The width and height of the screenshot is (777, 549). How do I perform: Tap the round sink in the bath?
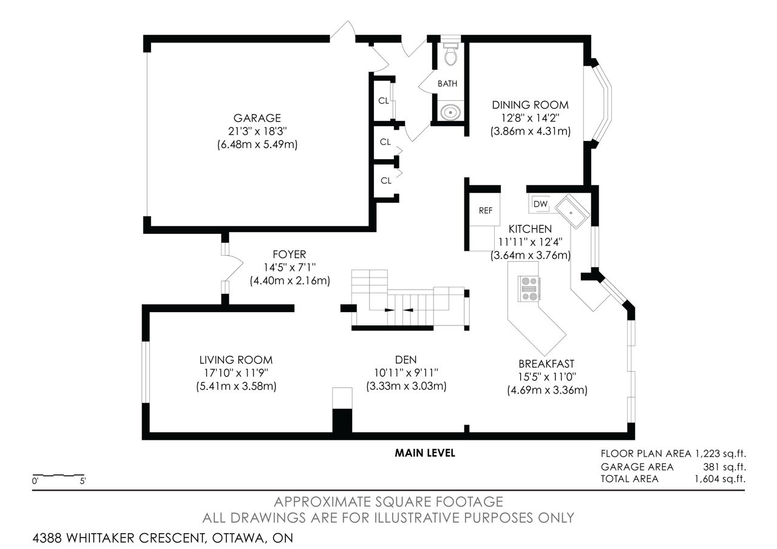(x=450, y=112)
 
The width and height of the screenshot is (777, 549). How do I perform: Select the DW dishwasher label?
(x=540, y=204)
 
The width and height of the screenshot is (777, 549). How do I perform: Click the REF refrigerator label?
(x=485, y=211)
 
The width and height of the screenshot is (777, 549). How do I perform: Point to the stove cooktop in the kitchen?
(x=529, y=288)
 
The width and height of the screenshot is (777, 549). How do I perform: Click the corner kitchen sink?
(x=572, y=211)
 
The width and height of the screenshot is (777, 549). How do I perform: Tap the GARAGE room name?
(x=257, y=118)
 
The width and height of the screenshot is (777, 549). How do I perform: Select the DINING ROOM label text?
(x=531, y=105)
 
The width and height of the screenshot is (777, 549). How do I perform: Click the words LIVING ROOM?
(x=236, y=360)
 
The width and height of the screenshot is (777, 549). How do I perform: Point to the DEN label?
(x=406, y=360)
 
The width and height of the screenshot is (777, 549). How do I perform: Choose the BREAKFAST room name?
(x=546, y=364)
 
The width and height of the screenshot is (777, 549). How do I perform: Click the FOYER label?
(x=290, y=254)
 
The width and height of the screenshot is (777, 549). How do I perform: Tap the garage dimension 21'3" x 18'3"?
(x=257, y=131)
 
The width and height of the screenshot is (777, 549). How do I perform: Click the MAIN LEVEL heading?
(x=425, y=453)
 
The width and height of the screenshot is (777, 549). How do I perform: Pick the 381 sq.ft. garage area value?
(x=724, y=467)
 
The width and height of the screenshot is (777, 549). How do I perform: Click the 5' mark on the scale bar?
(x=83, y=482)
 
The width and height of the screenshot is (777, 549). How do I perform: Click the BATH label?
(x=447, y=84)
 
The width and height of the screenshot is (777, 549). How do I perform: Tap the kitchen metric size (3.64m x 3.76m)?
(x=531, y=256)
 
